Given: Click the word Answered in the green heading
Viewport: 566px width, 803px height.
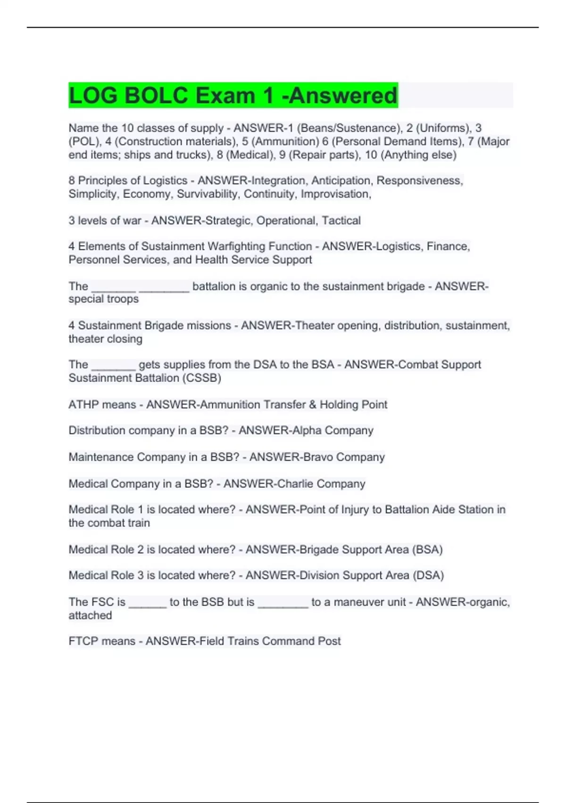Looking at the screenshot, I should pos(343,95).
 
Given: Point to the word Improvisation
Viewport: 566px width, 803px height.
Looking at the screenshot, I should pos(335,194).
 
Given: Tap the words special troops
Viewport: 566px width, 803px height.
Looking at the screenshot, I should pos(104,299).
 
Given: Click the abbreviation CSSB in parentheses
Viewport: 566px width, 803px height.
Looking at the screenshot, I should pos(205,378).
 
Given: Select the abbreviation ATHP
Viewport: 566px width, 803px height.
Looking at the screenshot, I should pos(84,405).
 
